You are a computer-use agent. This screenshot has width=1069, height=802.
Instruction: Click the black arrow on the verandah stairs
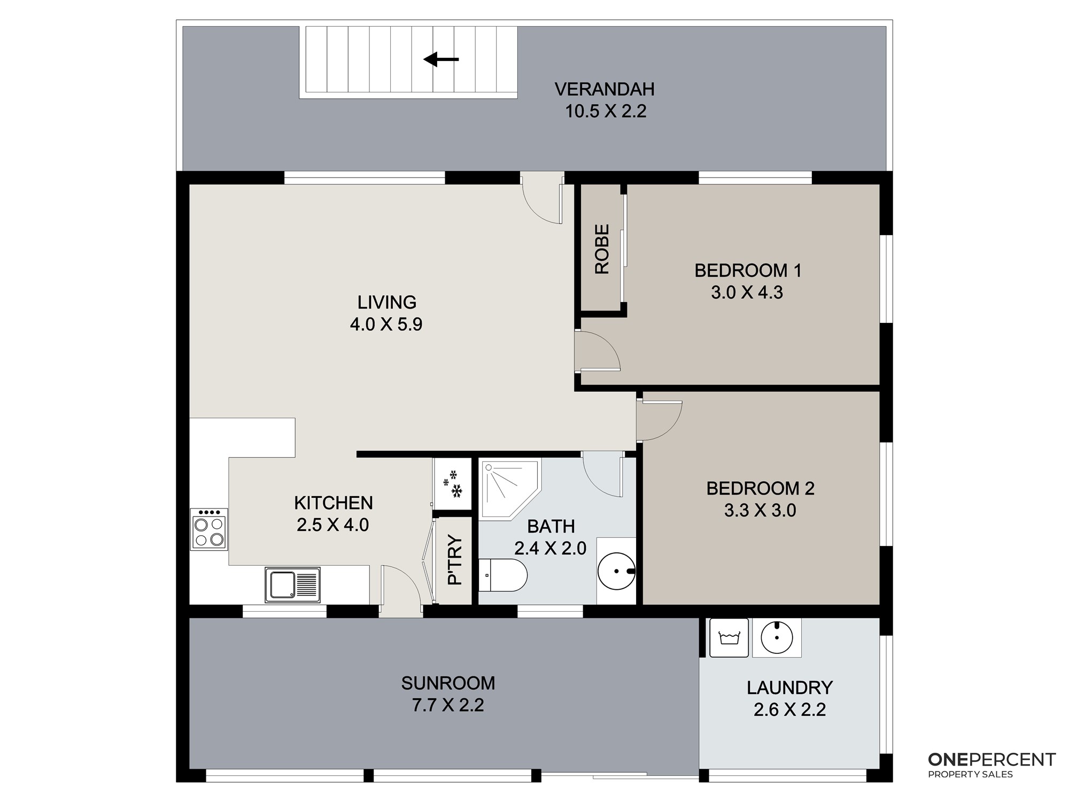tap(441, 59)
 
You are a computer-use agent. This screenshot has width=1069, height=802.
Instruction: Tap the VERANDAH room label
tap(605, 89)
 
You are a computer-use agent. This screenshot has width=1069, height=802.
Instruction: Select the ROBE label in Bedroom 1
tap(602, 249)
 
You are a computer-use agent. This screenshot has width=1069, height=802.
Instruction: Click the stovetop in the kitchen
tap(209, 529)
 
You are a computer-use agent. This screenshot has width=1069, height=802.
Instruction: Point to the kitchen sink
tap(292, 584)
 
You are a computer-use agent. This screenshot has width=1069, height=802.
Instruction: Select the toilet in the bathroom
tap(502, 575)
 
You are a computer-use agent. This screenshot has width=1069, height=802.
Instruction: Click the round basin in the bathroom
tap(616, 571)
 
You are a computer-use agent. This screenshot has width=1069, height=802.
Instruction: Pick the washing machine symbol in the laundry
tap(729, 637)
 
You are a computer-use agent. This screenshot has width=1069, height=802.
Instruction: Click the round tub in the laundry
tap(777, 637)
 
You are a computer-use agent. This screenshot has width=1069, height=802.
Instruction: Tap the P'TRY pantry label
tap(454, 560)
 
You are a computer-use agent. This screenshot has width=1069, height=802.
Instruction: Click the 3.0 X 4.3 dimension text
tap(747, 292)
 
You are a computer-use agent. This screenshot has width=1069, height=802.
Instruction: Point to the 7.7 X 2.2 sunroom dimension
tap(448, 705)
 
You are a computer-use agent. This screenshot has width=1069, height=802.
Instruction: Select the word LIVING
tap(386, 303)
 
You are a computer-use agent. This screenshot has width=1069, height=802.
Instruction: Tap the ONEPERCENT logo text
tap(992, 759)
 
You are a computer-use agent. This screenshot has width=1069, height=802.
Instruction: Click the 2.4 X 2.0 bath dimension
tap(551, 548)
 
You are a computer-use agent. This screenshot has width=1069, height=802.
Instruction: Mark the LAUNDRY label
tap(789, 688)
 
